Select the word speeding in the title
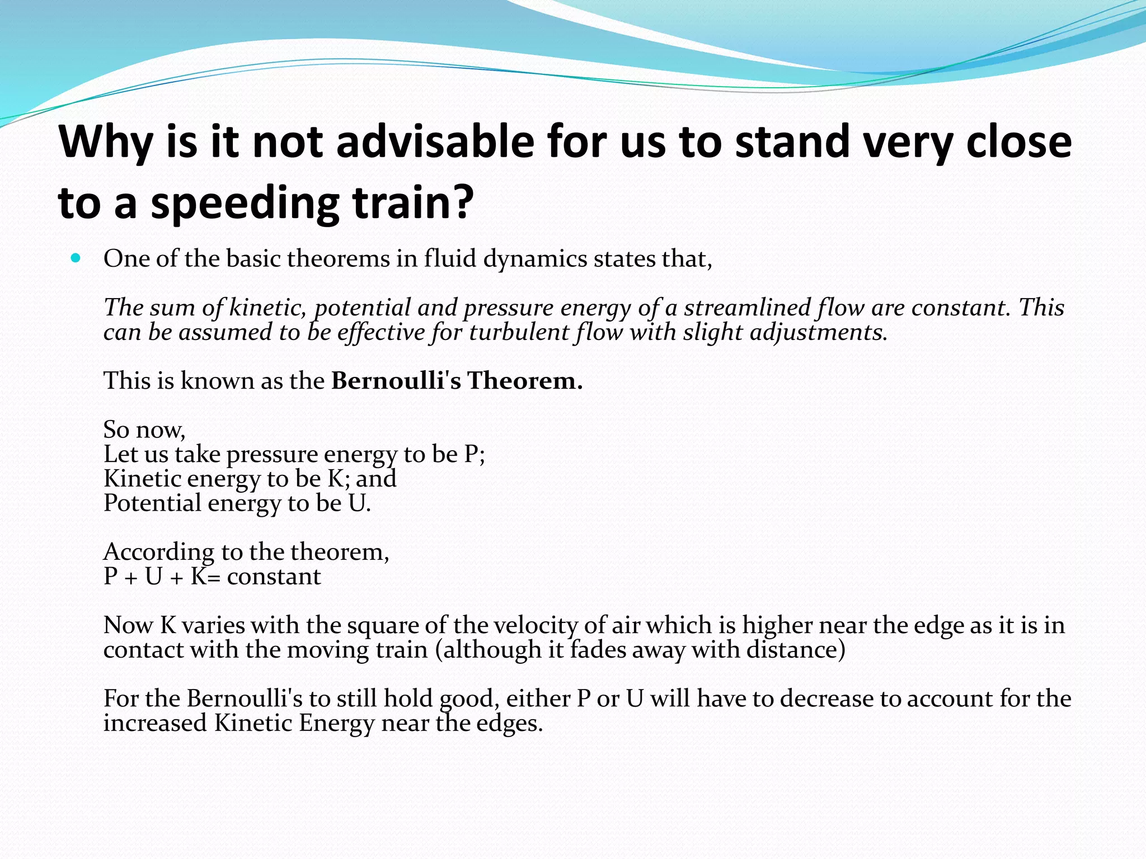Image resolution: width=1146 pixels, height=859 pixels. [245, 204]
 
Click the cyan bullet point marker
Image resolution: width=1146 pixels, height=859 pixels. [76, 258]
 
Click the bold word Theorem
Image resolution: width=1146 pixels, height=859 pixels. [524, 381]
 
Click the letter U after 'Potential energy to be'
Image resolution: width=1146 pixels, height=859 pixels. [357, 503]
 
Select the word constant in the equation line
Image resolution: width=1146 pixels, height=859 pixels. [274, 577]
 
